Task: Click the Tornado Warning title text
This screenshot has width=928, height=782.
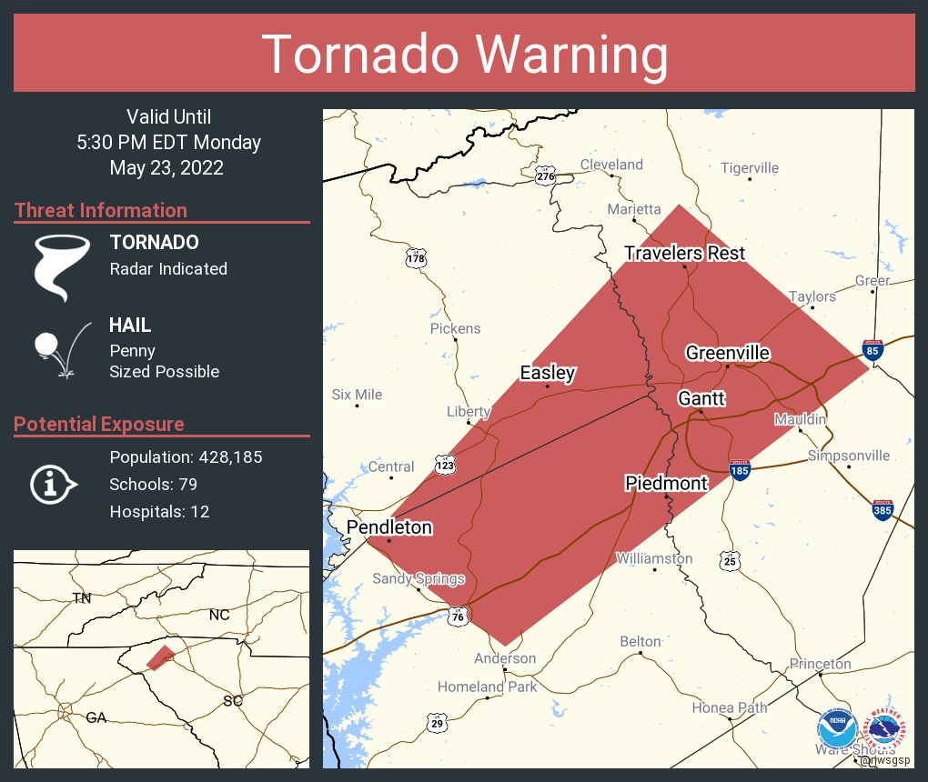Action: pos(464,55)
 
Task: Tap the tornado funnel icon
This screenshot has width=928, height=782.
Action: pos(62,267)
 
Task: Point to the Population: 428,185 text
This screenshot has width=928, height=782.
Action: pos(186,457)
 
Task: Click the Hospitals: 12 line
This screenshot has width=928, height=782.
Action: pos(159,512)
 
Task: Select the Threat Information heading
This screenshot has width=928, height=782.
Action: pos(101,211)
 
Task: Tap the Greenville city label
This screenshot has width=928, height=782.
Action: pos(728,353)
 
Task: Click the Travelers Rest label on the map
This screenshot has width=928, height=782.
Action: pos(684,253)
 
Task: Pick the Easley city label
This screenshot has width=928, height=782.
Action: pos(548,373)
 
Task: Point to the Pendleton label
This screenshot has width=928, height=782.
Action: pos(388,527)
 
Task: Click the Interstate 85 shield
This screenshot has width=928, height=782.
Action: pos(873,349)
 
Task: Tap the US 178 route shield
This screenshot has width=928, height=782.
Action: pos(416,259)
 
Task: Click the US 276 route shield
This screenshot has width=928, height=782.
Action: pos(545,175)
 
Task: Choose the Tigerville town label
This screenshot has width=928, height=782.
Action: pos(750,168)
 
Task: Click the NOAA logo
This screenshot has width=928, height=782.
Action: pos(837,730)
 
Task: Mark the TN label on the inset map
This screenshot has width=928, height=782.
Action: pos(82,597)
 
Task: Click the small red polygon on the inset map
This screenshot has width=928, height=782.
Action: pos(160,657)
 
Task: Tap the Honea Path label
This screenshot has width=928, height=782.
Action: pos(729,707)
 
